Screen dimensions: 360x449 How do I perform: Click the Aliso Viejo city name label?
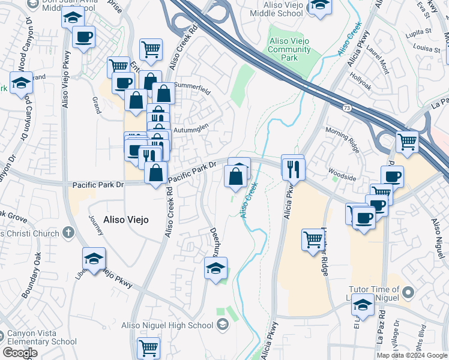(x=126, y=220)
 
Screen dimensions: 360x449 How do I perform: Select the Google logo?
(x=20, y=353)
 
